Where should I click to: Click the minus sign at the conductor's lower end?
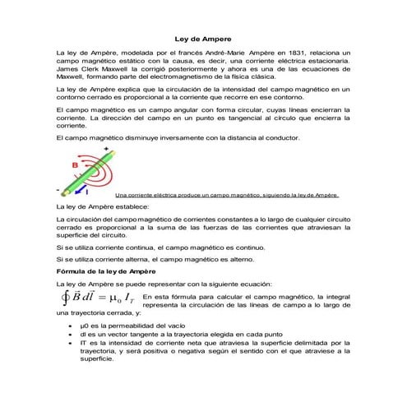click(x=56, y=188)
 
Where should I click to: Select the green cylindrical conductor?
click(x=90, y=173)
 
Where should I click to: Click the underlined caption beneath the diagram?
click(x=228, y=195)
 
